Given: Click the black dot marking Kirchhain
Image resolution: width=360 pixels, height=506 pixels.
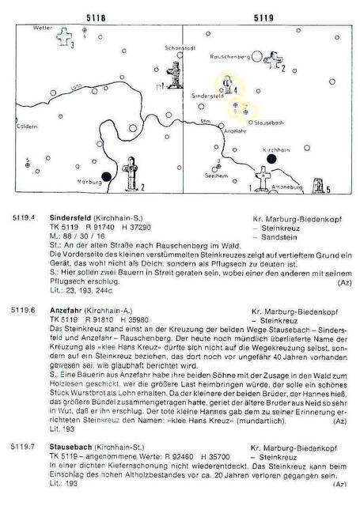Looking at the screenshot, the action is point(273,158).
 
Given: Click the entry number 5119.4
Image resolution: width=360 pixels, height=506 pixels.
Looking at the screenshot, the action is point(23,217).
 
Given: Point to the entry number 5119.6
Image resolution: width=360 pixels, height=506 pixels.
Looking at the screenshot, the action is point(23,312).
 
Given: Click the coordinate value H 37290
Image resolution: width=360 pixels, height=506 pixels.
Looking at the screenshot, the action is point(139,225).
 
